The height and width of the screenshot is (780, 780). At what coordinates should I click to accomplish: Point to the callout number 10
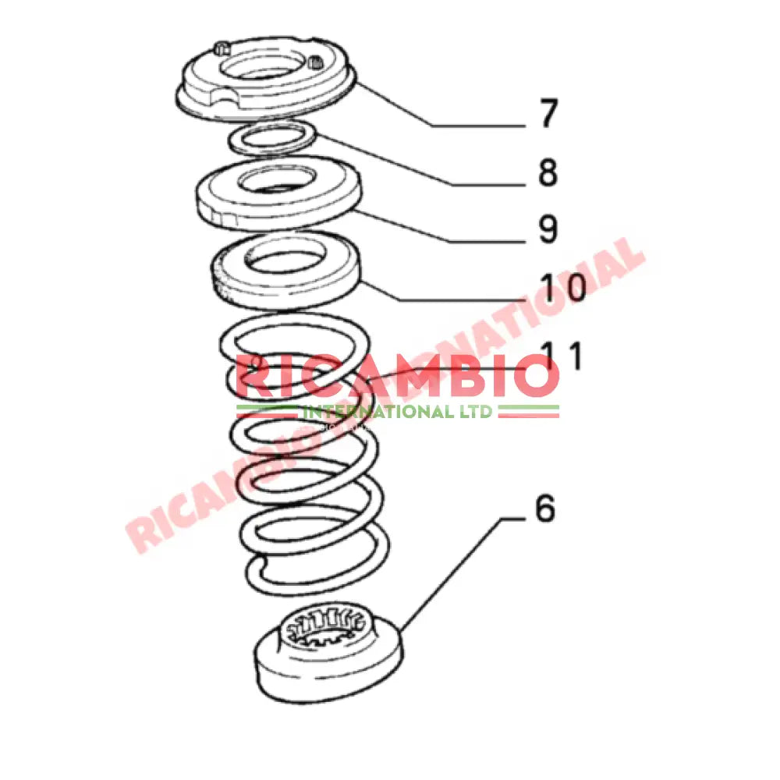pos(564,288)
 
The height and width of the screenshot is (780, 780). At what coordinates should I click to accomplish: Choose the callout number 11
pos(563,356)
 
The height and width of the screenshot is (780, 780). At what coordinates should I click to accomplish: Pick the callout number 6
pos(544,509)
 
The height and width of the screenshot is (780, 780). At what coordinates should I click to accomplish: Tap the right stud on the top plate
pos(316,62)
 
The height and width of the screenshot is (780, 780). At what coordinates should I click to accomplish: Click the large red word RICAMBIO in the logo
pos(398,377)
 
